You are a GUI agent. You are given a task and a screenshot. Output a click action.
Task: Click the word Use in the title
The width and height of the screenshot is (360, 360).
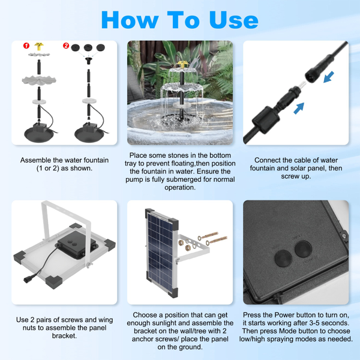(234, 20)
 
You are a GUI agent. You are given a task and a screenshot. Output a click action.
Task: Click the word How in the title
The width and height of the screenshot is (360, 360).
(130, 20)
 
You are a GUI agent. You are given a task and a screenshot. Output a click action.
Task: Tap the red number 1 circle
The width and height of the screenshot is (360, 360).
(26, 46)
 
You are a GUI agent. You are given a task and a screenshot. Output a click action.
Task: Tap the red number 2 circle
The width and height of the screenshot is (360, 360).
(66, 46)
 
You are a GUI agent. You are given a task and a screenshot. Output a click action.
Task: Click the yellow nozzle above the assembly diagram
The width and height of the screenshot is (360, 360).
(39, 46)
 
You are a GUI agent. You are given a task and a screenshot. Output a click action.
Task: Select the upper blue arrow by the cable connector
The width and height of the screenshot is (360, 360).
(329, 77)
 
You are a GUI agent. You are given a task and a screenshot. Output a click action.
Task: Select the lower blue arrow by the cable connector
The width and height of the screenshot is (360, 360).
(299, 108)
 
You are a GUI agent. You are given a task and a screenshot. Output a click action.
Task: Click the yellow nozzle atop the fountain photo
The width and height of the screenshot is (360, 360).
(182, 64)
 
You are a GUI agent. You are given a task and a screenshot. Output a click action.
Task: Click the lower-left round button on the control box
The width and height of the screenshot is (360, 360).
(283, 258)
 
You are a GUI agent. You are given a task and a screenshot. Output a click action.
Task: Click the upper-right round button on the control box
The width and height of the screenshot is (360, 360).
(303, 249)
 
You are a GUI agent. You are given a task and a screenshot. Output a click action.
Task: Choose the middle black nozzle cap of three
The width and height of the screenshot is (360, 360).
(88, 48)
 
